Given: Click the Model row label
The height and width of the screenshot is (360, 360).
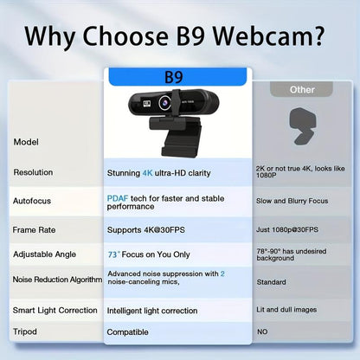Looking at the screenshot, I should (x=26, y=141).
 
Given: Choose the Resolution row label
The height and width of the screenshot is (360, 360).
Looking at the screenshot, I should (x=34, y=172).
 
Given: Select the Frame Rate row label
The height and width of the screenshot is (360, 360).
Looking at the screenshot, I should (x=35, y=229).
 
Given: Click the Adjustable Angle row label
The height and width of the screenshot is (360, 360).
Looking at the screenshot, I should (x=45, y=254).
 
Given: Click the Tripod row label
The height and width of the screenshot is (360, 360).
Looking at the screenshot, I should (x=25, y=331).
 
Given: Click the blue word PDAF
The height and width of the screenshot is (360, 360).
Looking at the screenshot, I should (x=118, y=198).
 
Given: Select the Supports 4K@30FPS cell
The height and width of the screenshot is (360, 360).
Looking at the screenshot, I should (x=147, y=229).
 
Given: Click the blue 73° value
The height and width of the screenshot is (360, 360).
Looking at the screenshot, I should (x=113, y=254).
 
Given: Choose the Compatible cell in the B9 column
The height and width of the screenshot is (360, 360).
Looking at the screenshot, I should (x=128, y=331).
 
